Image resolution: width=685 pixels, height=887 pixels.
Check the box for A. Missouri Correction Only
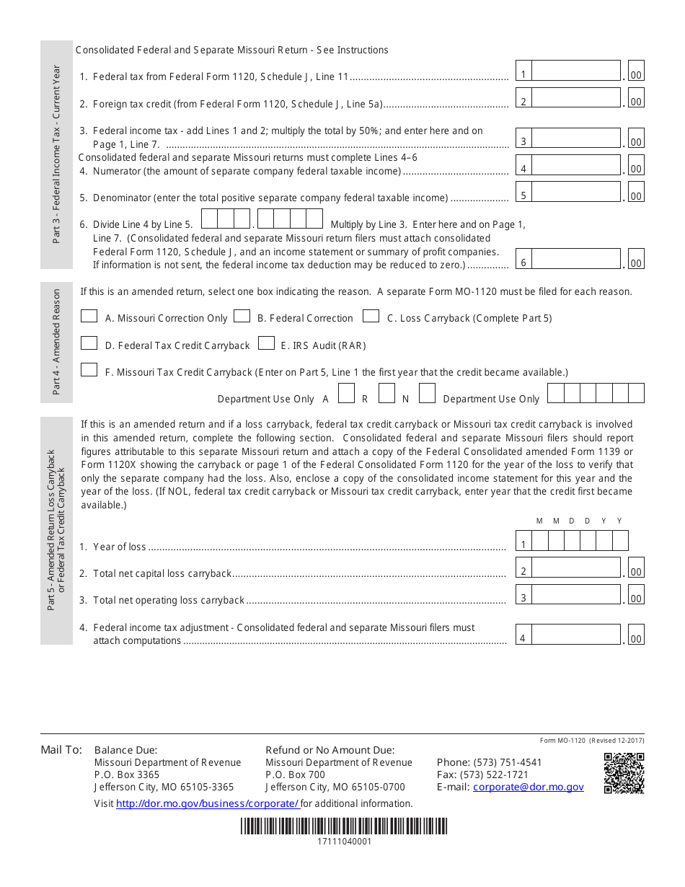pos(89,316)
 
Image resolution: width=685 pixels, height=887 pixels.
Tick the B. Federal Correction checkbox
pos(242,316)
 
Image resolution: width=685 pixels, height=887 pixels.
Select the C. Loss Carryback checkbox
pos(371,316)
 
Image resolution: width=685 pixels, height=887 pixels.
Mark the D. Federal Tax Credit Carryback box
pos(89,343)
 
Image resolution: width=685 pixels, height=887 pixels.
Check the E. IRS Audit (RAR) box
pos(266,343)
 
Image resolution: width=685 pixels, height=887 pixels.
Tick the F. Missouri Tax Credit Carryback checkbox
pos(89,370)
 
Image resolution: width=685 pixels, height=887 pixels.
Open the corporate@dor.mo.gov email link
pos(528,787)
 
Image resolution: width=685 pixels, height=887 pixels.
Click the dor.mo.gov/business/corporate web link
pos(207,803)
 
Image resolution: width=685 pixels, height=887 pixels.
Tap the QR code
pos(624,773)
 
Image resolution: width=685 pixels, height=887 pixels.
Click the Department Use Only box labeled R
pos(387,394)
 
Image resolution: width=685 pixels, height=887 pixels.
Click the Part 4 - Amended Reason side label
pos(57,342)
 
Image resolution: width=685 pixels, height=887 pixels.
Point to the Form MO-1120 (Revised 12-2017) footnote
pos(592,741)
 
